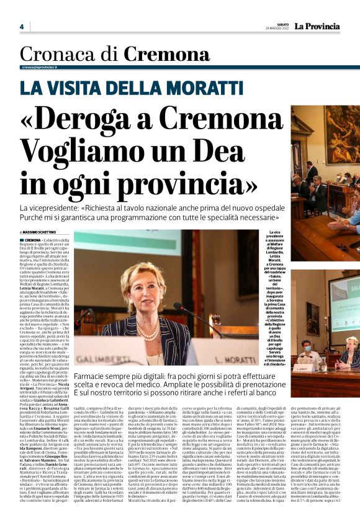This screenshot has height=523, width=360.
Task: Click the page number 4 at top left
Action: click(21, 27)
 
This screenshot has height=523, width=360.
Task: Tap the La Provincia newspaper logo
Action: click(317, 27)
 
